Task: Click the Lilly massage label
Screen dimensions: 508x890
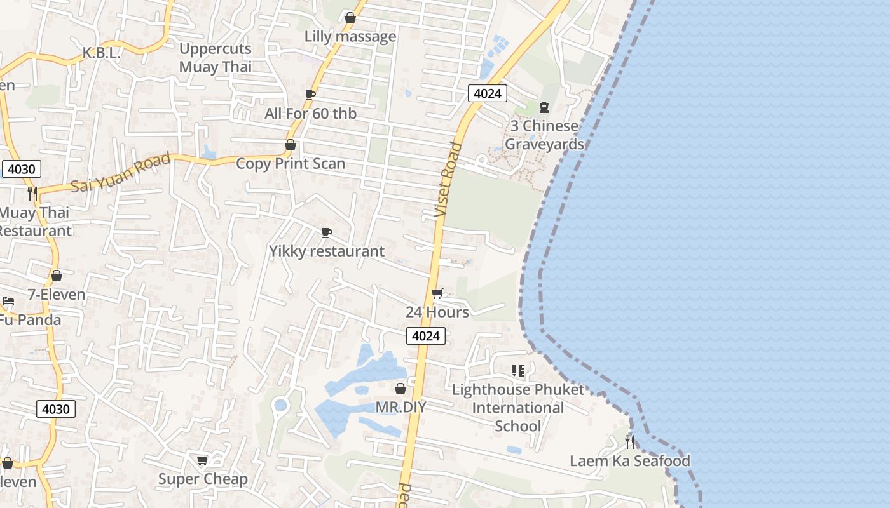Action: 350,36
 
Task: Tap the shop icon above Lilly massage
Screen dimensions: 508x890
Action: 350,18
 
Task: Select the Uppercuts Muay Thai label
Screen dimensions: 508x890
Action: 216,58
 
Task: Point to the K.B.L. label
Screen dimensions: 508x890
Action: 101,53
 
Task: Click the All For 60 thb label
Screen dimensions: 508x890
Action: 310,114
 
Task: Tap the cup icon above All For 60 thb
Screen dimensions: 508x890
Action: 310,95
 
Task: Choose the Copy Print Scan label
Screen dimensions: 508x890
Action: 291,163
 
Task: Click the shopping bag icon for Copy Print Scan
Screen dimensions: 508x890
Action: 291,145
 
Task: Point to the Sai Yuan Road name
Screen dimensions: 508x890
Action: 120,173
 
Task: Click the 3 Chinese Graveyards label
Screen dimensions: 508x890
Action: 544,135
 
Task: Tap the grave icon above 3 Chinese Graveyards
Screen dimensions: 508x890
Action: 544,107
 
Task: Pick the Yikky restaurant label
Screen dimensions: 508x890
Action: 327,251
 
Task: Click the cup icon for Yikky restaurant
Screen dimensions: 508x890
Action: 327,232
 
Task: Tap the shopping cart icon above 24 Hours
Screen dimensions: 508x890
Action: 437,293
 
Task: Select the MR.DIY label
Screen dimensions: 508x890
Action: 400,406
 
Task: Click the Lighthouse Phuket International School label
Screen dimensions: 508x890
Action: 517,407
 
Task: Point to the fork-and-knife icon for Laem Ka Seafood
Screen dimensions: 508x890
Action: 629,441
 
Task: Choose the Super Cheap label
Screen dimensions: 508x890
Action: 203,479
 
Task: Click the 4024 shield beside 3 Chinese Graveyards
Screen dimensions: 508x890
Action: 488,93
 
